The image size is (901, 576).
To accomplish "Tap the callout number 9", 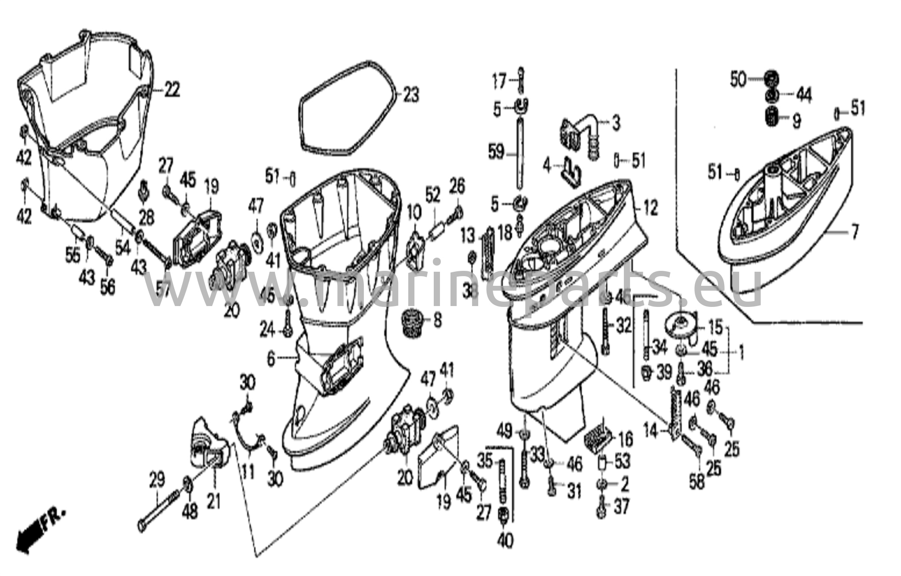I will (x=796, y=121).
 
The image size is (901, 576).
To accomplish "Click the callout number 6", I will (x=271, y=359).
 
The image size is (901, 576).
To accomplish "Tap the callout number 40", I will (x=506, y=541).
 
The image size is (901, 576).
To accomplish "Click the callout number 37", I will (x=622, y=507).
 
